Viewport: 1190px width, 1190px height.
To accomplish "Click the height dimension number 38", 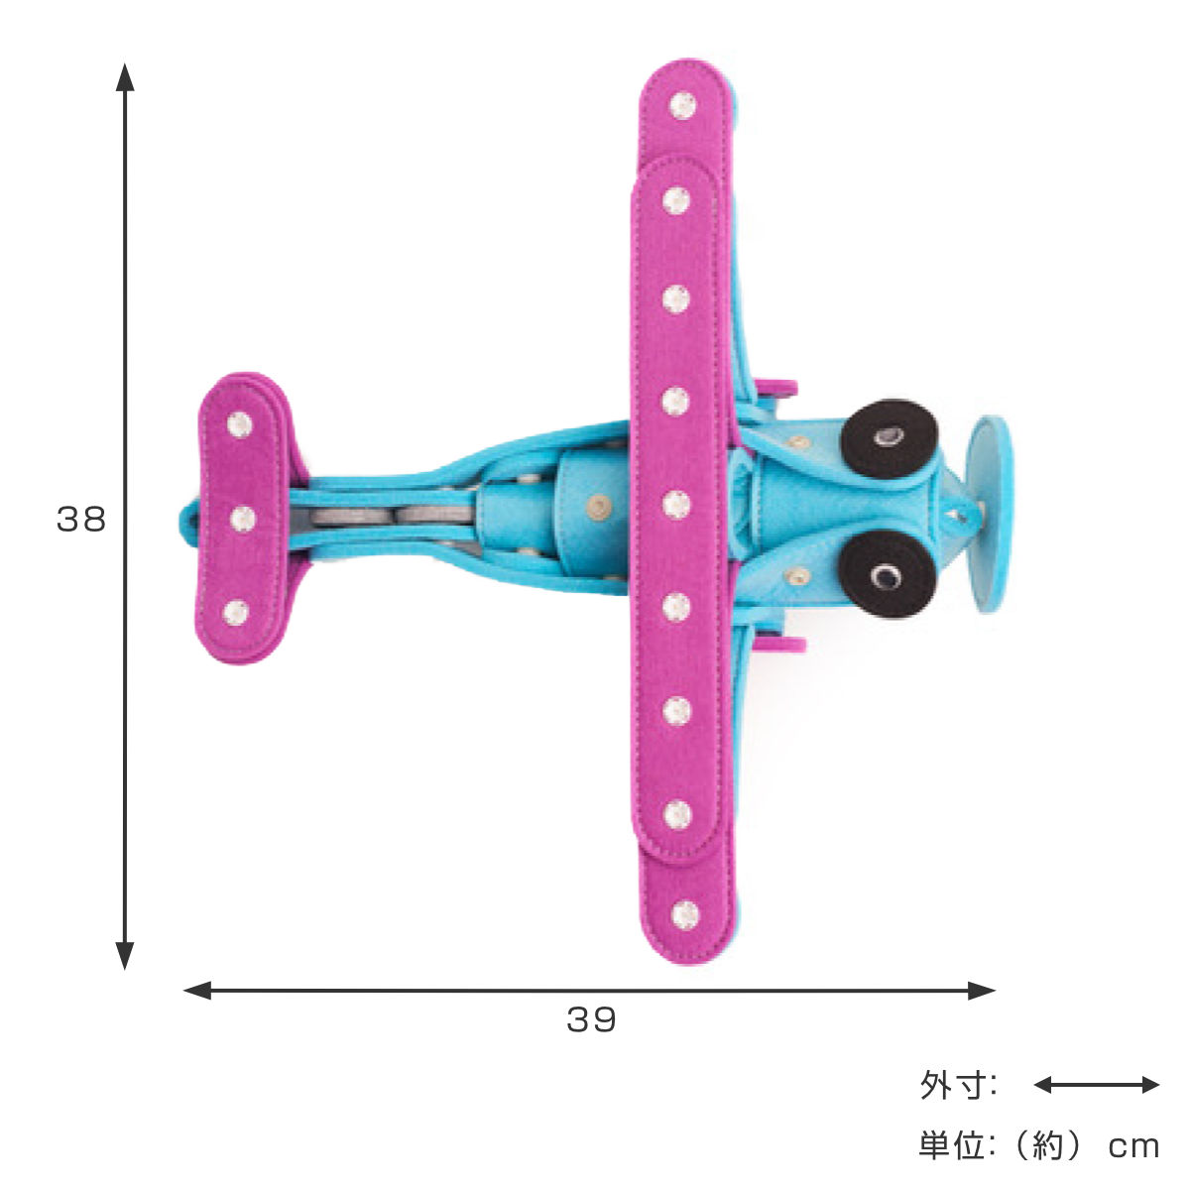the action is point(81,519).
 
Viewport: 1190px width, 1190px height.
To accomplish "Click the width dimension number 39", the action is point(591,1020).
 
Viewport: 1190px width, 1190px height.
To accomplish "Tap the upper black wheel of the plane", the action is point(889,438).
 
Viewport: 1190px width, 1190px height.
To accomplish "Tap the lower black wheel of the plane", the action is point(888,574).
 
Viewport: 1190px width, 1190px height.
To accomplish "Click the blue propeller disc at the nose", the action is point(989,515).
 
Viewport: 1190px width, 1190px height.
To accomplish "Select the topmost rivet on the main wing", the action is point(682,105).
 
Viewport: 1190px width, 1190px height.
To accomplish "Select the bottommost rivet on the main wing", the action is point(685,914).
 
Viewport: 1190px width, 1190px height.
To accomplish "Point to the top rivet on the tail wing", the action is point(240,424).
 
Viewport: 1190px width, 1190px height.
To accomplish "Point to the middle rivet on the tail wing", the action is point(243,518).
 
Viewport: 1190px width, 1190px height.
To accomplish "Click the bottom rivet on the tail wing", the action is point(236,612).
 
